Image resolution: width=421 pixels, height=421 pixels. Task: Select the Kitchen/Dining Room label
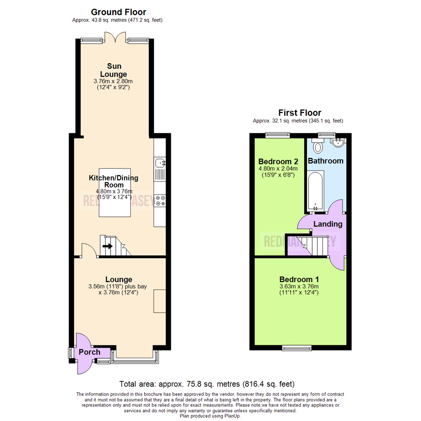click(x=113, y=181)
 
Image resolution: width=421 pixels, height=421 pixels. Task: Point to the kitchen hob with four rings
click(x=160, y=201)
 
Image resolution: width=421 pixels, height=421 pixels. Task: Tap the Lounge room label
click(x=119, y=279)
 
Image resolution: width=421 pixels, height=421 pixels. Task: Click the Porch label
click(x=89, y=352)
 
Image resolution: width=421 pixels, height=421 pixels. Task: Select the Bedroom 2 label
click(x=278, y=161)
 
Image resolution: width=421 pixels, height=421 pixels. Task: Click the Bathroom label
click(x=326, y=161)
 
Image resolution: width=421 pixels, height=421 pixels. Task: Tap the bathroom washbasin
click(x=338, y=143)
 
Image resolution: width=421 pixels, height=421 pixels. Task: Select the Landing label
click(x=328, y=224)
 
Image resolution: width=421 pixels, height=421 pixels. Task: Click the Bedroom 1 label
click(x=299, y=279)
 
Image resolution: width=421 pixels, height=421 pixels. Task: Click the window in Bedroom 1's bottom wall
click(x=297, y=347)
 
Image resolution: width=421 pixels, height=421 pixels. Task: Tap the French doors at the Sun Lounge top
click(x=115, y=37)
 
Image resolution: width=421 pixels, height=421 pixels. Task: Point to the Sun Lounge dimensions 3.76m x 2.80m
click(x=113, y=81)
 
